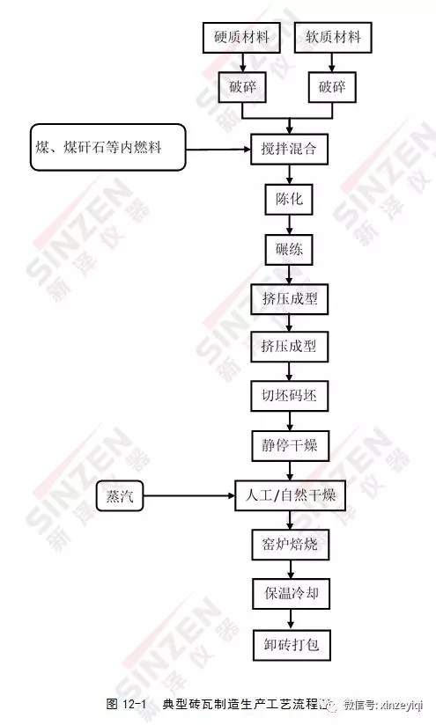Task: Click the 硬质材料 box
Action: [241, 38]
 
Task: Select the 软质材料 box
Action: [333, 38]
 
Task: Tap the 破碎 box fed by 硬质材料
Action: [242, 87]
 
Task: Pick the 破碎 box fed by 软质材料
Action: [332, 87]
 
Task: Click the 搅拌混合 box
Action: [289, 149]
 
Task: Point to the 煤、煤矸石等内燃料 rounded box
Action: [108, 147]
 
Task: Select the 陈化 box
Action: [289, 199]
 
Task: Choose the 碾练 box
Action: [289, 250]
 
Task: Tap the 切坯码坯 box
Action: [289, 396]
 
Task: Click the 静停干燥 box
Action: [290, 446]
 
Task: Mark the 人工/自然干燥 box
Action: [290, 495]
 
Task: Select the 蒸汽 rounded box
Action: [120, 496]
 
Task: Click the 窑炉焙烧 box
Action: [290, 545]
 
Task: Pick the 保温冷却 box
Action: [292, 594]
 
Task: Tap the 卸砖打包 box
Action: [292, 645]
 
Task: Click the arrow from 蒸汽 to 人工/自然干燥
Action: [189, 496]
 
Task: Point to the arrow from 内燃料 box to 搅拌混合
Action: [218, 149]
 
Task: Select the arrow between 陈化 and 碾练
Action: [290, 224]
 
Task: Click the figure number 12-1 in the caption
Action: [135, 704]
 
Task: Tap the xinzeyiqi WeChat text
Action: [401, 705]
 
